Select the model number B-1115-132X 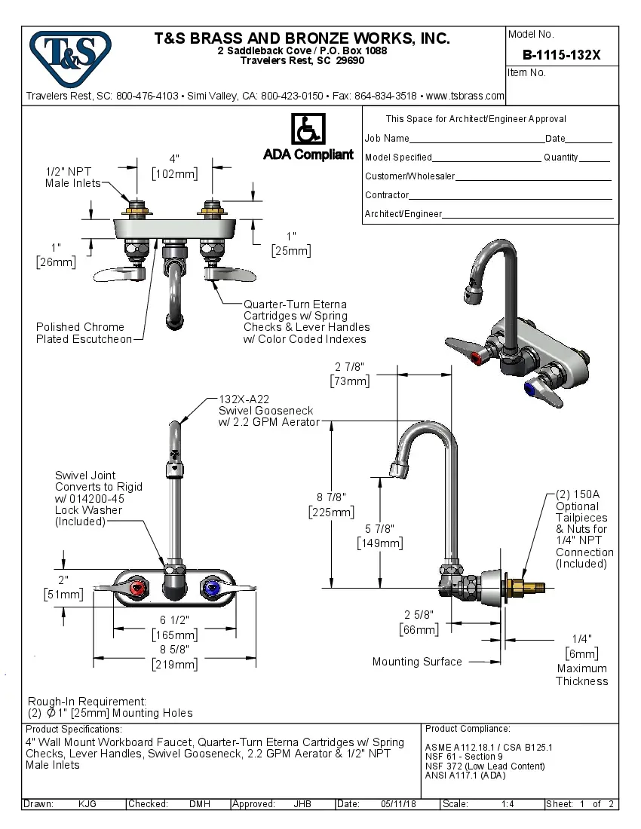[560, 55]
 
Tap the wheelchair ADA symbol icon [308, 130]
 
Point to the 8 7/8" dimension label [331, 497]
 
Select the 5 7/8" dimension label [379, 529]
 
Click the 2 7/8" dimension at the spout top [350, 367]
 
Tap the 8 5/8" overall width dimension [175, 649]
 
